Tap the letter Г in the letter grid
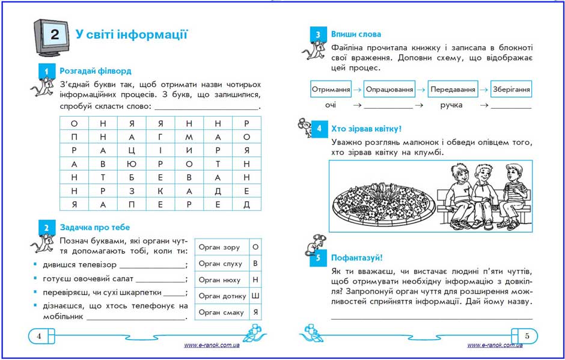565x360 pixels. click(x=160, y=137)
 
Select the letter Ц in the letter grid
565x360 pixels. click(x=132, y=151)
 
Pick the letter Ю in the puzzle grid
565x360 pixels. click(x=132, y=164)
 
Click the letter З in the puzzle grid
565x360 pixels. click(x=132, y=191)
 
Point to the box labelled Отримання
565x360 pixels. click(x=331, y=90)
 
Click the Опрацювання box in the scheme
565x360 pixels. click(x=389, y=90)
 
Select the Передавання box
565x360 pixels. click(x=453, y=90)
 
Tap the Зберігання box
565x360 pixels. click(x=511, y=90)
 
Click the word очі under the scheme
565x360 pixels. click(x=331, y=105)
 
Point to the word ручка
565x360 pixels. click(x=451, y=105)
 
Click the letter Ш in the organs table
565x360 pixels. click(x=255, y=296)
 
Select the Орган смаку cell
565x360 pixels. click(x=221, y=313)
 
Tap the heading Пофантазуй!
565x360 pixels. click(x=356, y=258)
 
